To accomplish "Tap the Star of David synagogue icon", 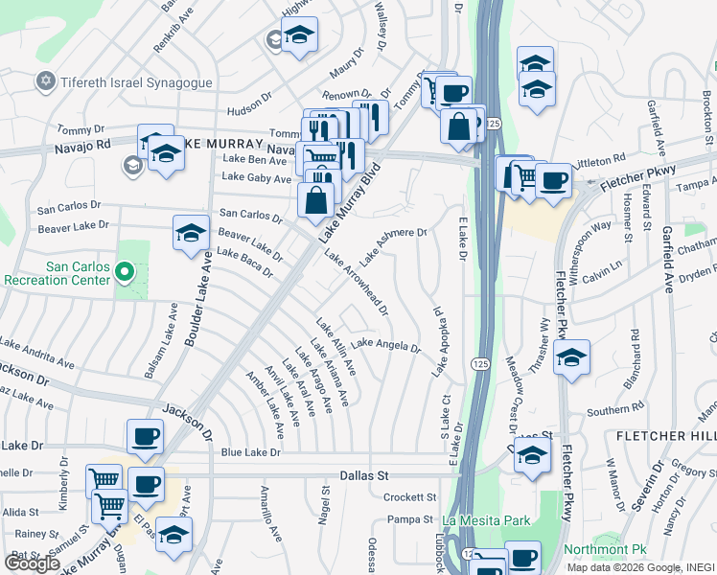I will pos(44,82).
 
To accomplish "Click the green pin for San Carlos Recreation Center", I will pos(123,273).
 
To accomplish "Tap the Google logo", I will pos(32,563).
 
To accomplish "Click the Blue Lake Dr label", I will pos(251,451).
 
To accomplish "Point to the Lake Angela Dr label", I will pos(386,345).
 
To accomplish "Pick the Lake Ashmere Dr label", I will pos(393,245).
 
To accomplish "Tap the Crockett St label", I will pos(410,497).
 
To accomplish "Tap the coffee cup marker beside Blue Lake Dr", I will pos(146,438).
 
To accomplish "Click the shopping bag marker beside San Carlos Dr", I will pos(315,200).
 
